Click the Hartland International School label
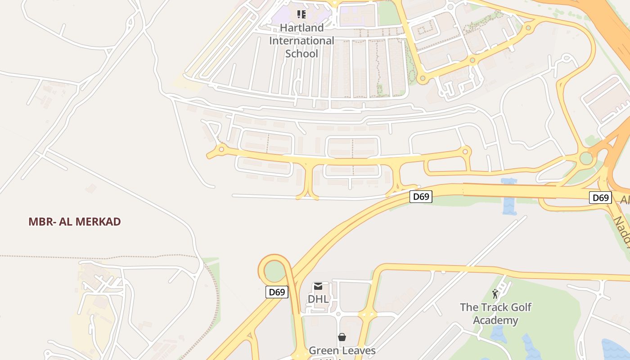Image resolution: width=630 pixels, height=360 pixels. coord(301,40)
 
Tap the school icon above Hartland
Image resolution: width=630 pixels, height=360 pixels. coord(301,14)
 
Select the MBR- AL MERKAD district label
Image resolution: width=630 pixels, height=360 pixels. coord(75,221)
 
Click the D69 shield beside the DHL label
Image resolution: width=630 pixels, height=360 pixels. coord(277,292)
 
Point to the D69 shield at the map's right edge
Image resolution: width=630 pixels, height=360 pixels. coord(600,197)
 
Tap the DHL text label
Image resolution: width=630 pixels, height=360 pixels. coord(318,299)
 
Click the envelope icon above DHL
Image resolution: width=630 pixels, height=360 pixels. coord(318,286)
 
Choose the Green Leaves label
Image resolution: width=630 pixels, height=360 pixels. coord(342,350)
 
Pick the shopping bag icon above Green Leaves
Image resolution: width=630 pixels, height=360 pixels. coord(342,337)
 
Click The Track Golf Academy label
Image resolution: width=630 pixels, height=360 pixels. coord(495,314)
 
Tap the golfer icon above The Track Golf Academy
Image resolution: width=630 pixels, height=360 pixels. coord(495,294)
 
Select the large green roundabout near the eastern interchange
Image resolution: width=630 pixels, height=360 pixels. coord(586,158)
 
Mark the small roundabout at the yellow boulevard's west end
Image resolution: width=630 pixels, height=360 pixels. coord(221,149)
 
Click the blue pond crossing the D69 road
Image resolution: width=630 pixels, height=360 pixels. coord(508,198)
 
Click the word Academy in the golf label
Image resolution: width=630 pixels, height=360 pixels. coord(495,320)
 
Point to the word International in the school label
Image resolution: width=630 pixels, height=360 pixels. coord(301,40)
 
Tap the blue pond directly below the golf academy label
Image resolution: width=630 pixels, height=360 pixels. coord(498,334)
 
